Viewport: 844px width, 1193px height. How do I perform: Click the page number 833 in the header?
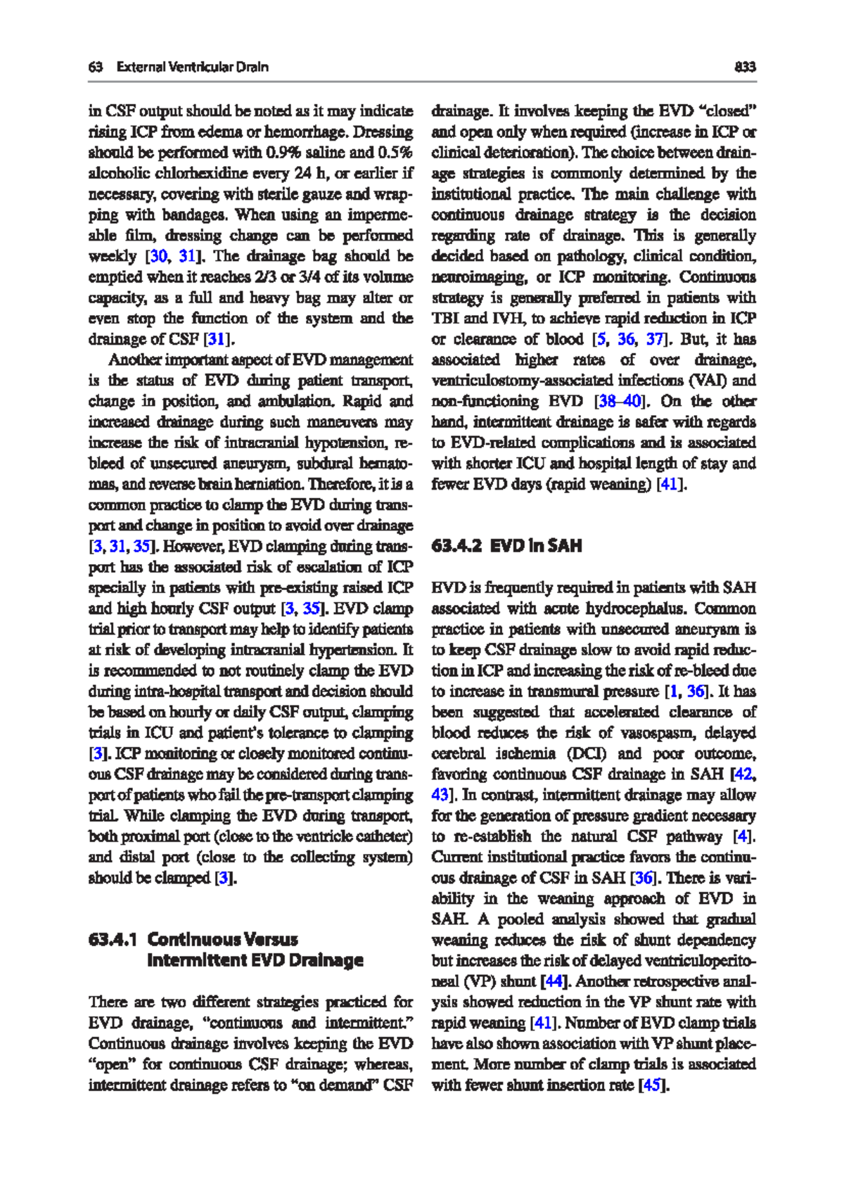745,67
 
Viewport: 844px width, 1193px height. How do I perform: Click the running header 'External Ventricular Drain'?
192,67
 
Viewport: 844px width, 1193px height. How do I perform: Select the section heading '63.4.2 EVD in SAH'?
506,546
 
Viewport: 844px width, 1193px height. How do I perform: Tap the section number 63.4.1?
113,940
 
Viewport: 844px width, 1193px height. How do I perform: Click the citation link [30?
158,256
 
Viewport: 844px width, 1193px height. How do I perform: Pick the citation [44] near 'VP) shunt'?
554,981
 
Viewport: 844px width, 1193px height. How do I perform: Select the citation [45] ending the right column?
652,1085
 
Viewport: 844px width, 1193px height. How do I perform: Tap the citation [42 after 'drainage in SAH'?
743,774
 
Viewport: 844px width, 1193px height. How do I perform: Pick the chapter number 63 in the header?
96,67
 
